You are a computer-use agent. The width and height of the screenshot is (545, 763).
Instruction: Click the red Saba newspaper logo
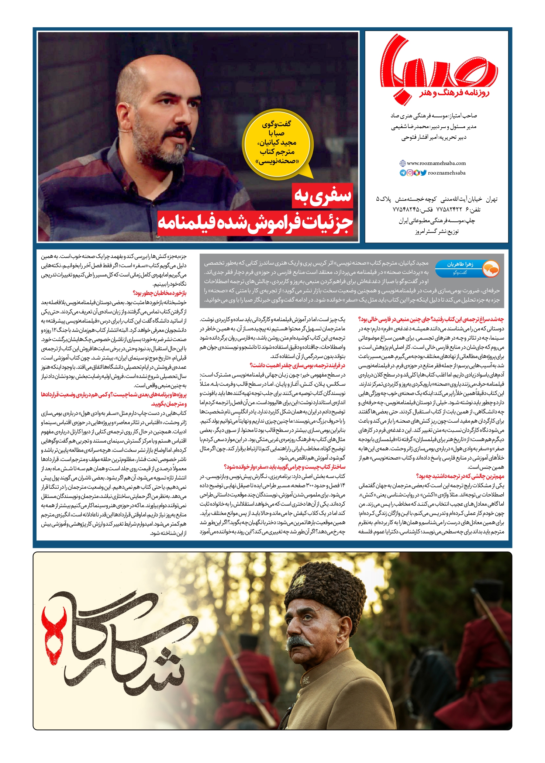tap(436, 66)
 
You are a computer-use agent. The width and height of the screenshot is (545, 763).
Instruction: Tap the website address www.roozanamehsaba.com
tap(436, 163)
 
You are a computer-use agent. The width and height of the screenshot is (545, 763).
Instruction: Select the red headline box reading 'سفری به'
tap(323, 196)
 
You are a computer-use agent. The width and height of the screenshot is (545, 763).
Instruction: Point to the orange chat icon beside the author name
tap(491, 268)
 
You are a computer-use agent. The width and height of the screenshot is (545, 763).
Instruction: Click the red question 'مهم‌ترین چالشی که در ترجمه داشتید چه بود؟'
tap(460, 476)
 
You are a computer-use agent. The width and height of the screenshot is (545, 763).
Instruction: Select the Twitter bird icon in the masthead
tap(424, 173)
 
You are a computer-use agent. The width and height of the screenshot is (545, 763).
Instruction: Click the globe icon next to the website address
tap(403, 163)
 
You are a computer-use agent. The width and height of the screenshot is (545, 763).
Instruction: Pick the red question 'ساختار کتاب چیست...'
tap(284, 467)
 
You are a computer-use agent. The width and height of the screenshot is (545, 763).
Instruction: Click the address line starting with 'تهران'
tap(437, 199)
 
